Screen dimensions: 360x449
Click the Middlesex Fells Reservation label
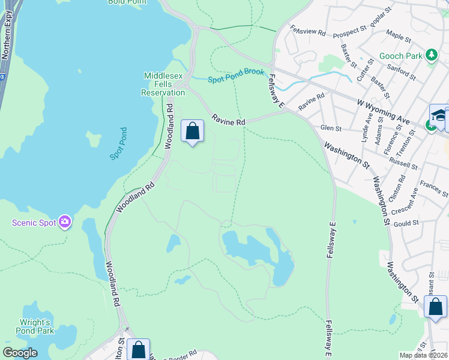click(x=163, y=84)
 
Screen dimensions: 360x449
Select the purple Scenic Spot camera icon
click(x=65, y=223)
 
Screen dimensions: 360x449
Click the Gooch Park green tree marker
click(x=431, y=56)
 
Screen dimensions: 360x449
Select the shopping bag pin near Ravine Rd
click(x=192, y=131)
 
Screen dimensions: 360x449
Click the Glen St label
click(x=331, y=128)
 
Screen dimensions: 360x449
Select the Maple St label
click(x=399, y=37)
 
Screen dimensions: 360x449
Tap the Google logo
click(x=20, y=353)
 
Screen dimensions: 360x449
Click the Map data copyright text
click(x=424, y=355)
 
